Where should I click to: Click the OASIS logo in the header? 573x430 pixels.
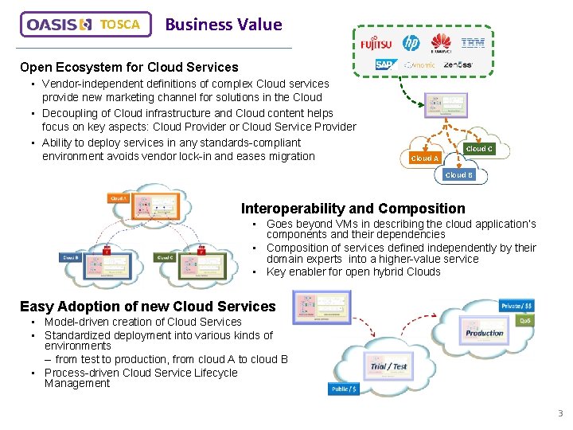tap(60, 25)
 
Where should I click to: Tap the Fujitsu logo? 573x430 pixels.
tap(376, 43)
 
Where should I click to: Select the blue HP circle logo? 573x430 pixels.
tap(411, 43)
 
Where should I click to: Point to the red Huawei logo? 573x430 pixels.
tap(441, 44)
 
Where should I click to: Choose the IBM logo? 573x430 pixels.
tap(473, 43)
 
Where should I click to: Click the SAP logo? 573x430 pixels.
tap(385, 64)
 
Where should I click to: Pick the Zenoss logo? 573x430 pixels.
tap(458, 64)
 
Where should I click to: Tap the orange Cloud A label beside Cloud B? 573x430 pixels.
tap(423, 158)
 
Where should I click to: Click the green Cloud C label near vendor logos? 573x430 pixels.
tap(478, 149)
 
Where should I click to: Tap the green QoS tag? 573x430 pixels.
tap(524, 320)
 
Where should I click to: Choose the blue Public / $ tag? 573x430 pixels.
tap(344, 389)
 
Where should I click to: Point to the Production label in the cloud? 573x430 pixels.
tap(485, 334)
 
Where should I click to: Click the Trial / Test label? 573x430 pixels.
tap(388, 367)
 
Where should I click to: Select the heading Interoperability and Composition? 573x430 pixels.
tap(353, 209)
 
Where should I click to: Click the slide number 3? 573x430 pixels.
tap(559, 413)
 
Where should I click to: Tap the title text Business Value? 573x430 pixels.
tap(223, 25)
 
